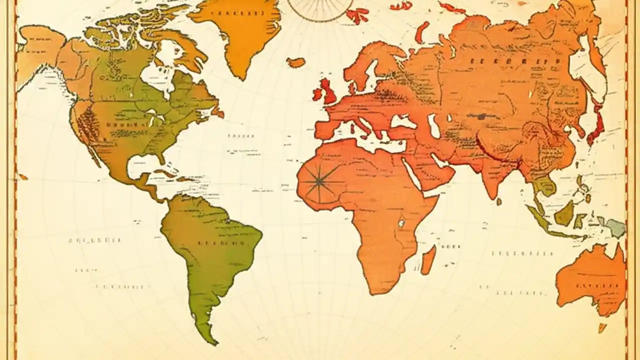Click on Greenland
[x=240, y=30]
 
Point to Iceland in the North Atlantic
[x=296, y=62]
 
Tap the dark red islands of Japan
[x=597, y=122]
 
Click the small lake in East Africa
[x=401, y=222]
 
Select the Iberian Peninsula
[x=327, y=127]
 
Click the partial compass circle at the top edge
[x=320, y=10]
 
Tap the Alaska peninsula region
[x=40, y=50]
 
